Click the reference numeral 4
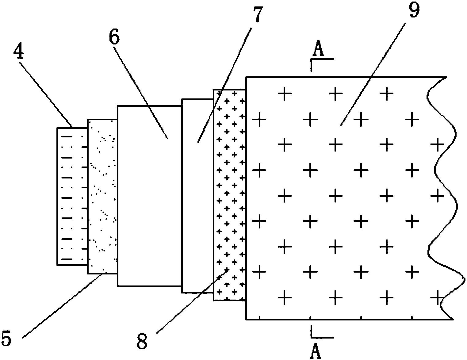click(19, 52)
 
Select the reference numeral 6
click(114, 37)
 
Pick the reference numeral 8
click(142, 341)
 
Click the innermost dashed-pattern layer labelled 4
click(72, 196)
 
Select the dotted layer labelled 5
click(102, 196)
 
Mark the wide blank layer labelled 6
click(149, 196)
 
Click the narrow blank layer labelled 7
click(197, 196)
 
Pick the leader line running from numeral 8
click(190, 302)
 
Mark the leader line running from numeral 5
click(61, 307)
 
